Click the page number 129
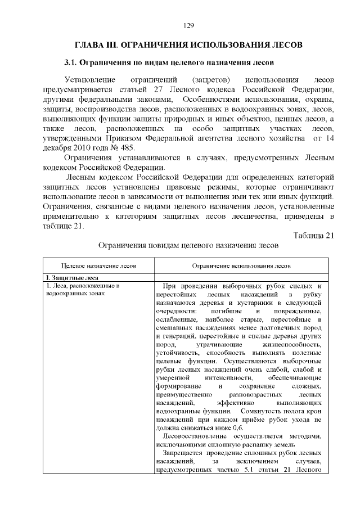[x=188, y=25]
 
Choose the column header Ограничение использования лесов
[x=241, y=265]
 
